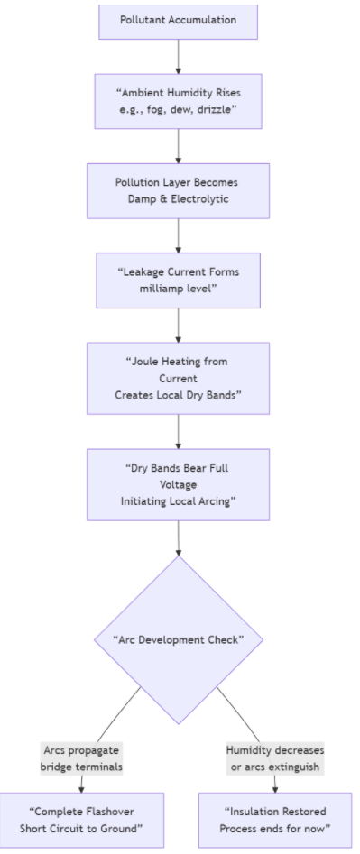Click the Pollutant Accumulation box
(178, 20)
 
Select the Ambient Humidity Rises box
(178, 101)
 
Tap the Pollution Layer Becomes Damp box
(178, 190)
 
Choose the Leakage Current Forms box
(178, 280)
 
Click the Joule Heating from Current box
(178, 378)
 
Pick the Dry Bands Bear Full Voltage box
(178, 484)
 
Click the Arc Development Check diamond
(178, 639)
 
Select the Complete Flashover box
(82, 820)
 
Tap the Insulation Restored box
(275, 820)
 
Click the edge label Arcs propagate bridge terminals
(82, 758)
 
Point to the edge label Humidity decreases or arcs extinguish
(275, 758)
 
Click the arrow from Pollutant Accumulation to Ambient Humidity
(178, 56)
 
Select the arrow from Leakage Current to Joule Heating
(178, 325)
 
